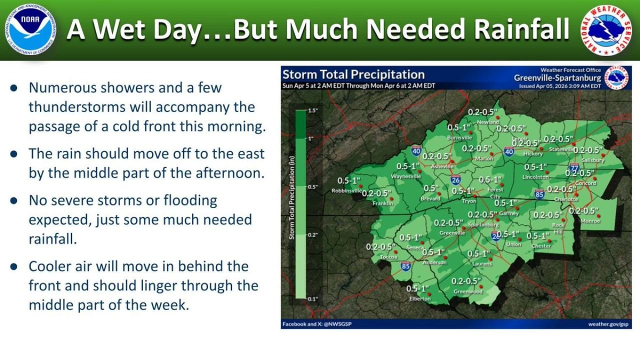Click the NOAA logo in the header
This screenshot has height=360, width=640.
point(30,30)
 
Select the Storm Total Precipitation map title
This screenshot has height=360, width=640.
point(353,75)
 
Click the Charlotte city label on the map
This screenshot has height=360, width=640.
point(566,199)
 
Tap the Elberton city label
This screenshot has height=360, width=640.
point(419,298)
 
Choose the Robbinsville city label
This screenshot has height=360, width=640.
point(346,190)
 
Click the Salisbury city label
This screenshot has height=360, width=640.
point(593,160)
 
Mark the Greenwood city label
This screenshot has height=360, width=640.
point(467,291)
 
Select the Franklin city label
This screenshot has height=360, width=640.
point(382,203)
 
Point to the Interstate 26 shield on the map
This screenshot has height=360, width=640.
point(455,180)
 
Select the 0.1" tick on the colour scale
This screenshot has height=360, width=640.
point(312,298)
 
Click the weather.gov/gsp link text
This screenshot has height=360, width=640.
point(608,324)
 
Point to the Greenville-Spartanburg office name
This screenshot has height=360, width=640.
point(557,78)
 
